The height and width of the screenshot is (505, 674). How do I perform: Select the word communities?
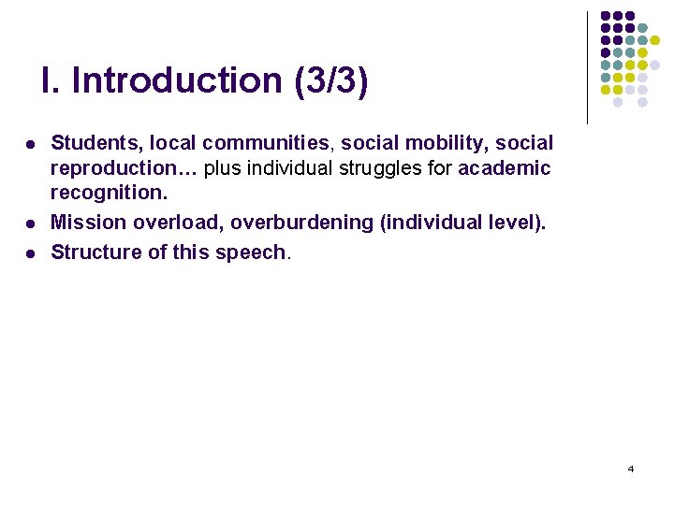click(x=266, y=143)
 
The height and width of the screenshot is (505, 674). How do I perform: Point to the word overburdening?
click(x=299, y=223)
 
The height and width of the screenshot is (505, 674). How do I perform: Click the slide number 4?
click(x=630, y=469)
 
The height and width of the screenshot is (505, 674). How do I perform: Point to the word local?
click(x=171, y=143)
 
